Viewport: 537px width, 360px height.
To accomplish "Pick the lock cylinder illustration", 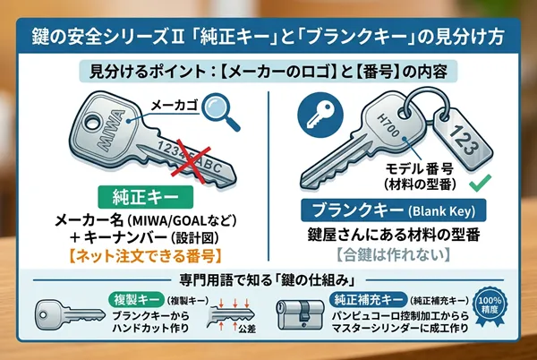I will tap(312, 321).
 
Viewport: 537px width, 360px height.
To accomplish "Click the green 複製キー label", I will tap(125, 295).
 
